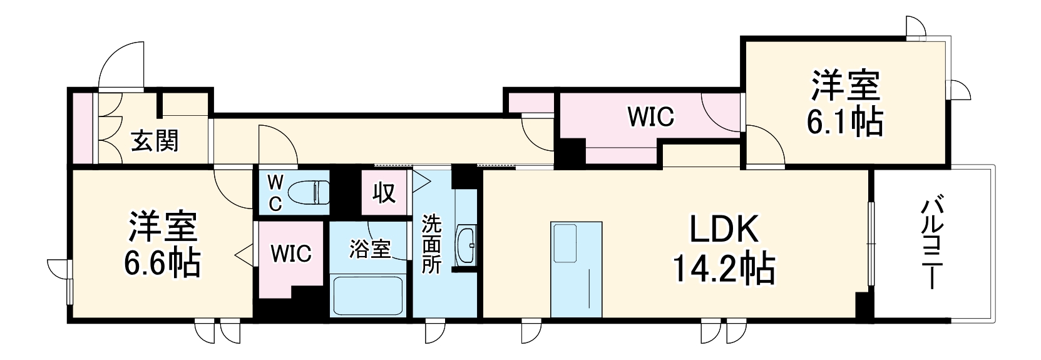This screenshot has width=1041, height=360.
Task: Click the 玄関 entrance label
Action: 155,141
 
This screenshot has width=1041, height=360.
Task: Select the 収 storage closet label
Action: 384,193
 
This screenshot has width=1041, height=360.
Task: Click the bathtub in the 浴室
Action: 367,296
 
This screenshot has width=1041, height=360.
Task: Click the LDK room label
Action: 724,230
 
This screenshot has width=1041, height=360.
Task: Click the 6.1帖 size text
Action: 844,122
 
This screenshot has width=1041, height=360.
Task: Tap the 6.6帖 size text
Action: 162,263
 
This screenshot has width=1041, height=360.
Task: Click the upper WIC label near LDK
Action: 650,117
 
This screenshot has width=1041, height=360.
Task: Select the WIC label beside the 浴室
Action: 291,254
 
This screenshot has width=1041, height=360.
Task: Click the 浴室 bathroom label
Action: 369,249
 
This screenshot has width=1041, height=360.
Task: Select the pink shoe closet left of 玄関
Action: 81,128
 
